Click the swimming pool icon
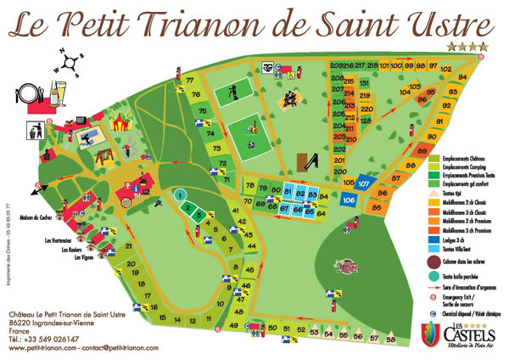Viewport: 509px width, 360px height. click(x=87, y=136)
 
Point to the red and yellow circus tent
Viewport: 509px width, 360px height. click(x=120, y=122)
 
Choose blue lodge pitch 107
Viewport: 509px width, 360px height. click(x=363, y=183)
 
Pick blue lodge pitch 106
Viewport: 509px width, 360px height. click(x=349, y=200)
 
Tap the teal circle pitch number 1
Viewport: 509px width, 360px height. click(x=180, y=195)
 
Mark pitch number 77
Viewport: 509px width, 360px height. click(x=190, y=81)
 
